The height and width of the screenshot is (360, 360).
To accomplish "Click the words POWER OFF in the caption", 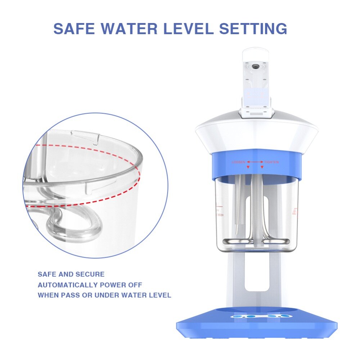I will [122, 285].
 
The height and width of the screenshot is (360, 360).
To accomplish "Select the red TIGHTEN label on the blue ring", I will [271, 162].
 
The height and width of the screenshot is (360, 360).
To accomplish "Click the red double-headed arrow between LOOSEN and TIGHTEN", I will [255, 162].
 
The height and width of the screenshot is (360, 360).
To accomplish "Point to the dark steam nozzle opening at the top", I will [256, 66].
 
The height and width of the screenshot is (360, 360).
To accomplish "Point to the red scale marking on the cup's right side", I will [295, 211].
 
